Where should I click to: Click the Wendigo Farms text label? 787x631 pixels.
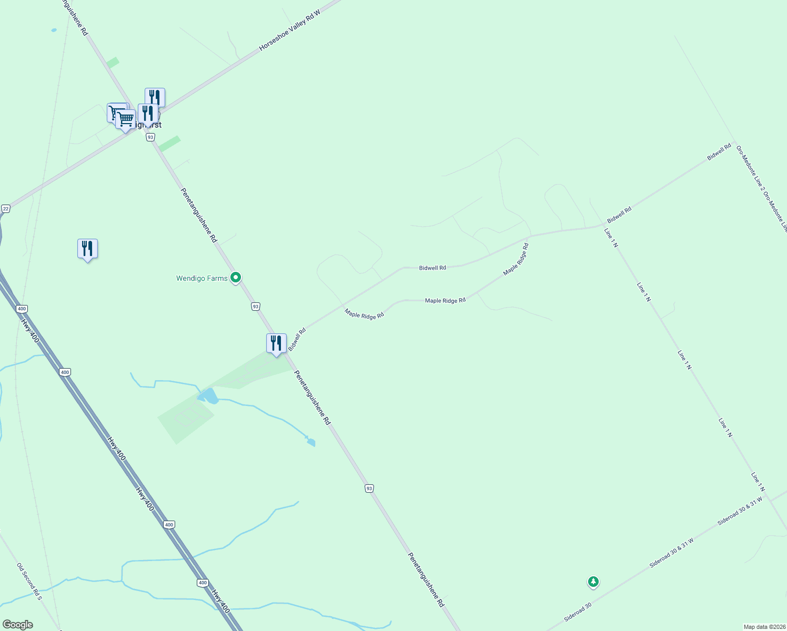(201, 278)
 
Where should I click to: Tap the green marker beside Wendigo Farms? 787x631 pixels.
(236, 277)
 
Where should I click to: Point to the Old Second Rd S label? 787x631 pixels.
(29, 582)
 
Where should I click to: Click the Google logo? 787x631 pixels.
(17, 625)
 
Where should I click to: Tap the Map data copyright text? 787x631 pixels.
(764, 627)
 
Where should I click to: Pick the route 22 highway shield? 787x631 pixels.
(6, 209)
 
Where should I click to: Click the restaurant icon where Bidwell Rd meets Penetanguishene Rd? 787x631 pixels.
(276, 343)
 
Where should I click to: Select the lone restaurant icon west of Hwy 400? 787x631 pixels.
(87, 249)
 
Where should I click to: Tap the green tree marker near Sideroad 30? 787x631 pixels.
(593, 582)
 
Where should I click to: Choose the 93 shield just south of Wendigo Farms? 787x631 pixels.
(256, 307)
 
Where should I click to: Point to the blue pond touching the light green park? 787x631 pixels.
(208, 396)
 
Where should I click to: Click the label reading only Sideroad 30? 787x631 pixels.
(578, 612)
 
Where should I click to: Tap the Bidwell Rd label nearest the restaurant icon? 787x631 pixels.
(297, 340)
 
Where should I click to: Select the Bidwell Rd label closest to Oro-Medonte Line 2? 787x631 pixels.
(719, 152)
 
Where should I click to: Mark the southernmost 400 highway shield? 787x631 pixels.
(203, 583)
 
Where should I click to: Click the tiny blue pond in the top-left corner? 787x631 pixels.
(54, 30)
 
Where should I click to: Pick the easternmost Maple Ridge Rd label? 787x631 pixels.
(516, 259)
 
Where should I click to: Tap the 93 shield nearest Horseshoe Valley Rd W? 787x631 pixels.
(150, 137)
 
